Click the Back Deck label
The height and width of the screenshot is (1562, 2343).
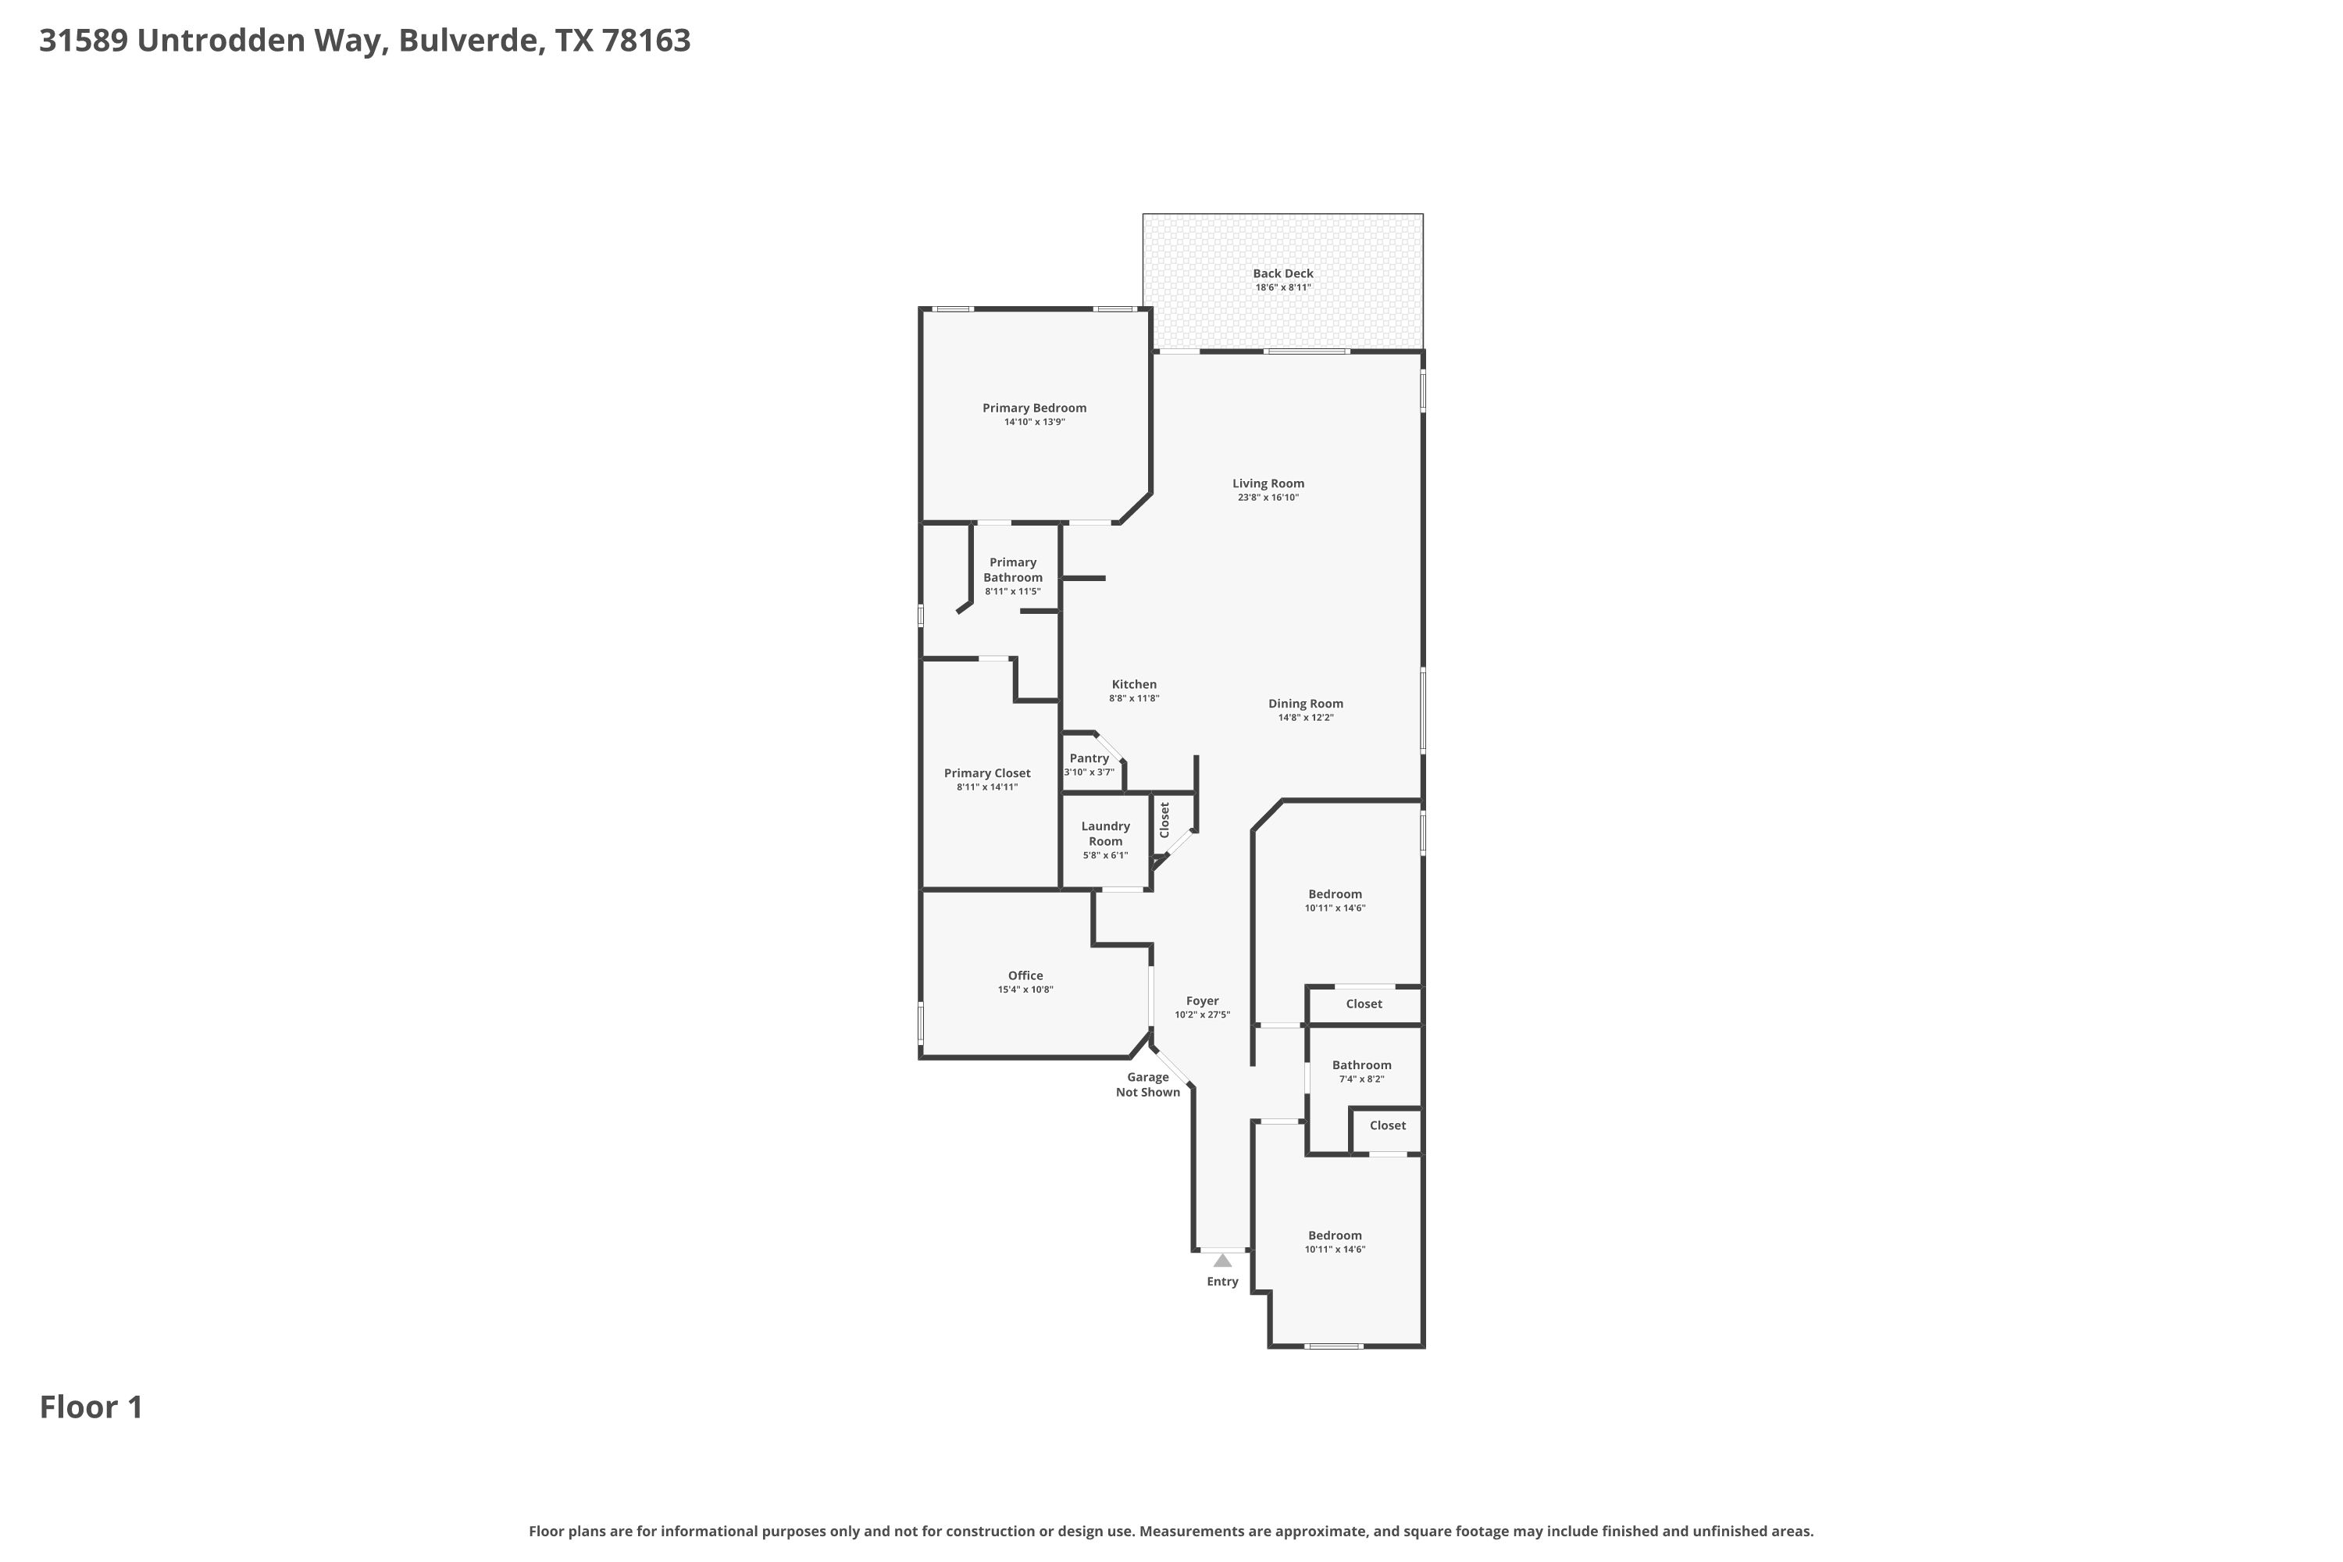tap(1283, 273)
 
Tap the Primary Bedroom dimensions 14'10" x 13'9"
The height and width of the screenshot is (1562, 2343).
tap(1034, 423)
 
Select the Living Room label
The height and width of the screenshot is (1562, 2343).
tap(1268, 483)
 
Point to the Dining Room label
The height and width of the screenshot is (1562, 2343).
tap(1305, 704)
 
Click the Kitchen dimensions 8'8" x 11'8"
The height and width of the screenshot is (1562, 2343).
tap(1134, 698)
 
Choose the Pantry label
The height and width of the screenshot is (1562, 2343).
tap(1089, 758)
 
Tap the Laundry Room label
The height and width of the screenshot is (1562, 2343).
tap(1106, 833)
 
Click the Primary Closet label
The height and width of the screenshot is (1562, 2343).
tap(987, 773)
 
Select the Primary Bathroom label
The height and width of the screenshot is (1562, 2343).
tap(1013, 570)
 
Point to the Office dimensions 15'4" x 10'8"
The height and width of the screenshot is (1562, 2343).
tap(1025, 990)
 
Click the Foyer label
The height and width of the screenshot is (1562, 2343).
tap(1203, 1001)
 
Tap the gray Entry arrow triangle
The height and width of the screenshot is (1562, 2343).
tap(1222, 1261)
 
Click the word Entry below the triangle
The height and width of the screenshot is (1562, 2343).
tap(1222, 1281)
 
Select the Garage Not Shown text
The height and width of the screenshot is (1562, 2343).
tap(1147, 1084)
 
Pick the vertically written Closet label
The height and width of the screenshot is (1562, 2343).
tap(1164, 820)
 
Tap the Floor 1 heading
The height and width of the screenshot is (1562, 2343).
tap(91, 1407)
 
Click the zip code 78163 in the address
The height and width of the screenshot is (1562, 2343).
tap(647, 40)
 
